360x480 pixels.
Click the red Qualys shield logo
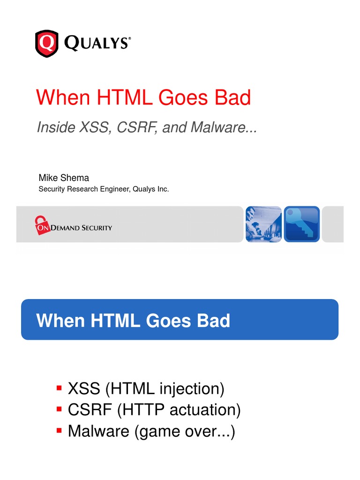click(47, 43)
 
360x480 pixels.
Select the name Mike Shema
click(64, 178)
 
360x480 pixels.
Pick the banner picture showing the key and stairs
click(302, 224)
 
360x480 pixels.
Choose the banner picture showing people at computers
click(264, 224)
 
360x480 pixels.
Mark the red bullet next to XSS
click(59, 388)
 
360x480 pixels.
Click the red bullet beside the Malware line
click(59, 430)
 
